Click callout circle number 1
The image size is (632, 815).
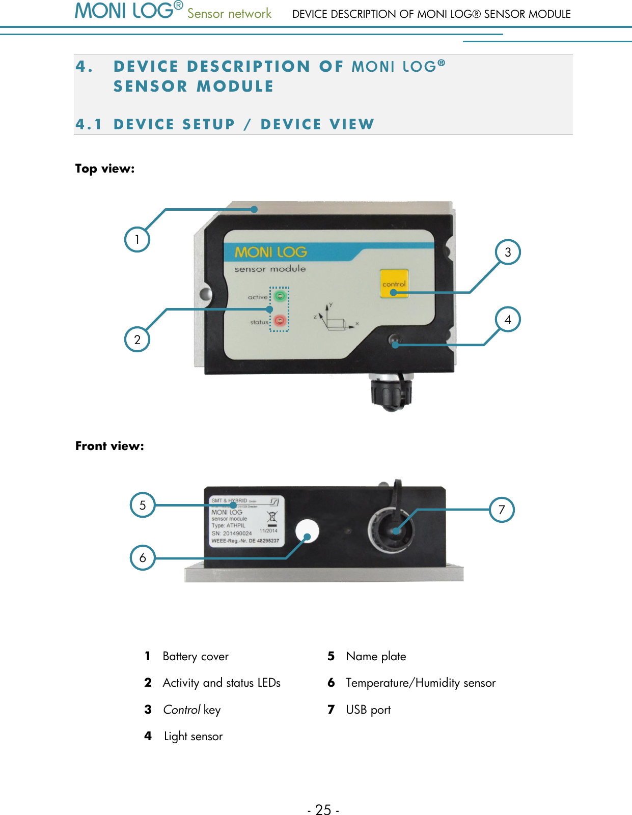tap(137, 239)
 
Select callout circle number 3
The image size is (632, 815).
tap(508, 252)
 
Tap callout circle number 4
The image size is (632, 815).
tap(508, 319)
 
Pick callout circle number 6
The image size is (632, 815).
tap(143, 557)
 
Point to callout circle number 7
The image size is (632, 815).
tap(502, 510)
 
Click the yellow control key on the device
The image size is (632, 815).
tap(394, 284)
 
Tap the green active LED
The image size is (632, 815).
tap(280, 296)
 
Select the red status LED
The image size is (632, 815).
tap(279, 321)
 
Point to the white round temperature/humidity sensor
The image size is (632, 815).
tap(307, 531)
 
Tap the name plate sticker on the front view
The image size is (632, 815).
tap(244, 522)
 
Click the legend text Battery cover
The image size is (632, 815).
tap(196, 656)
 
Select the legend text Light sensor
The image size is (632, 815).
tap(193, 736)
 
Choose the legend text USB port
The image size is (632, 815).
tap(368, 710)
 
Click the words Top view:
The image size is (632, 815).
tap(105, 168)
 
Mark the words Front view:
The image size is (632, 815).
tap(109, 446)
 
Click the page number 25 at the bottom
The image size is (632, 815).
tap(323, 809)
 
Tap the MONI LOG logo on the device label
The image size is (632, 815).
tap(270, 252)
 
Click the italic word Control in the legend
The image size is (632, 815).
tap(181, 710)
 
